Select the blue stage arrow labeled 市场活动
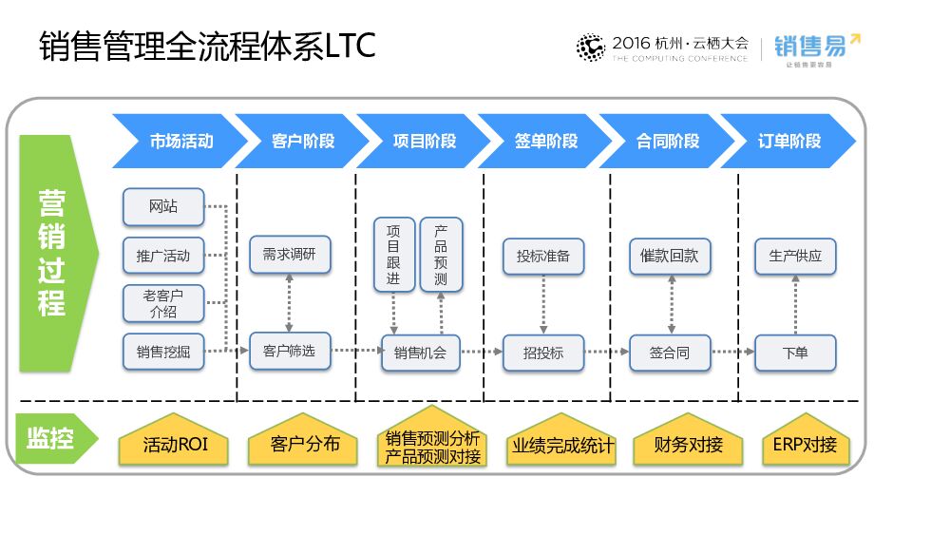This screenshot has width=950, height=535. click(x=176, y=141)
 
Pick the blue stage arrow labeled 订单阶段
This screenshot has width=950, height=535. click(x=788, y=141)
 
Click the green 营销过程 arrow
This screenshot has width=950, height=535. click(x=54, y=251)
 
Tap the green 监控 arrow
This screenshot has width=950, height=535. click(x=55, y=439)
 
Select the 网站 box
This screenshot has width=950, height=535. click(x=163, y=206)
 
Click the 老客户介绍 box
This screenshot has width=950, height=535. click(x=163, y=303)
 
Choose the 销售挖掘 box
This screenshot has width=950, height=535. click(x=163, y=353)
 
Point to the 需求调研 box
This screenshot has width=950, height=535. click(x=290, y=256)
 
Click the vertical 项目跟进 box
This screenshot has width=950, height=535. click(x=393, y=254)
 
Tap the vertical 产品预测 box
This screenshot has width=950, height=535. click(x=441, y=254)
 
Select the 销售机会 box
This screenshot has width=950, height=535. click(x=420, y=353)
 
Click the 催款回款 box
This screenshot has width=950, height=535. click(x=670, y=256)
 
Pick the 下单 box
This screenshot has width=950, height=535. click(x=795, y=353)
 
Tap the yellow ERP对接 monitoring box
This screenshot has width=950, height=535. click(x=806, y=444)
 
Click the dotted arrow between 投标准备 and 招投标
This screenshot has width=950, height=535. click(x=543, y=304)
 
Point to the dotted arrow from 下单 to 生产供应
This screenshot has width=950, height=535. click(x=795, y=304)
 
